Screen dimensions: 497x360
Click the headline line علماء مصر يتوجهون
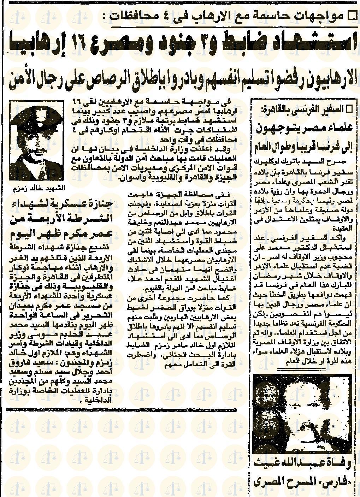303,128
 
